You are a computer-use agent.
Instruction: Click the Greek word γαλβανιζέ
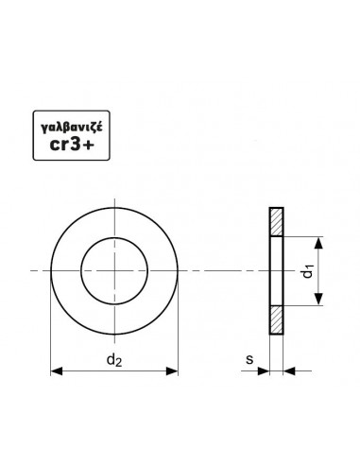pos(72,128)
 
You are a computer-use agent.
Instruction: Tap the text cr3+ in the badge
pos(72,145)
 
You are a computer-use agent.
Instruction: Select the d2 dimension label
pos(114,359)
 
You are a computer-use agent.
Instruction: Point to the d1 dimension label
pos(308,271)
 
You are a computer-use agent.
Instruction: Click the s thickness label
pos(249,359)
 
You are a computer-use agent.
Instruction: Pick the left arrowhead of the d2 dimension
pos(57,371)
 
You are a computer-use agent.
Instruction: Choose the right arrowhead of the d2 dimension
pos(172,371)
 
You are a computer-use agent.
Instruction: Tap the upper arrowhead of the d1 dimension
pos(318,243)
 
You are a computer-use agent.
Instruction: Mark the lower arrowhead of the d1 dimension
pos(318,299)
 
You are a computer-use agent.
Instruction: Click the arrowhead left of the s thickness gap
pos(264,371)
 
